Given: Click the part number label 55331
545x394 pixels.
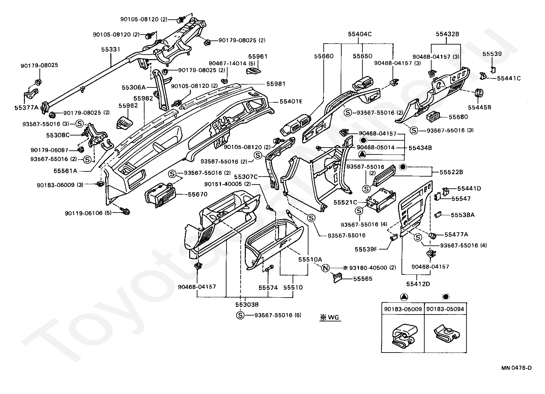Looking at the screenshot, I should click(111, 49).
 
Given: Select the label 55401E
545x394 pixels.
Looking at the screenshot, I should click(291, 101).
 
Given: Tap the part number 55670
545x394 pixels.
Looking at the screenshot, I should click(197, 194).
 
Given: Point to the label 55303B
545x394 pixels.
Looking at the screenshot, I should click(247, 304).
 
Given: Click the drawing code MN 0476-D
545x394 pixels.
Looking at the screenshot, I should click(517, 368).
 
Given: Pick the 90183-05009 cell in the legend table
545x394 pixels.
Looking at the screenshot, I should click(403, 309).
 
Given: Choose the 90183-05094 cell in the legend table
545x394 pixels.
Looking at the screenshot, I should click(445, 309).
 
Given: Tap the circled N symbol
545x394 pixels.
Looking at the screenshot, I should click(326, 268).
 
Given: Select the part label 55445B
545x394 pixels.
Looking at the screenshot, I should click(480, 107).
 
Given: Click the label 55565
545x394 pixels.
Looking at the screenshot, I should click(363, 279).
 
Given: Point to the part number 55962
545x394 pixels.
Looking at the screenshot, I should click(128, 106).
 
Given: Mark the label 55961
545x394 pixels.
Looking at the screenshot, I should click(258, 56).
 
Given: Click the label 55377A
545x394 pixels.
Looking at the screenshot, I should click(27, 107).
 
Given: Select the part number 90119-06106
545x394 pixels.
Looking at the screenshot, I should click(84, 213).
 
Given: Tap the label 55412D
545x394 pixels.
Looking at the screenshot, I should click(418, 284).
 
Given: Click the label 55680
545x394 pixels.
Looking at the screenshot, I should click(458, 117).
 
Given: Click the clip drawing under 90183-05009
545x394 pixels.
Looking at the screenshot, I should click(403, 336).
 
